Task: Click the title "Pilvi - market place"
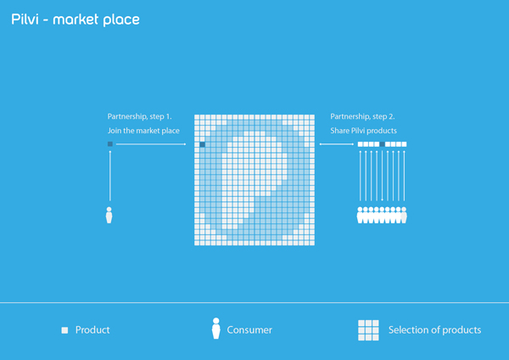(76, 20)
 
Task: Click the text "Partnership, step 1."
(140, 116)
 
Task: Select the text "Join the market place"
(143, 131)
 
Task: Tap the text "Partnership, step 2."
(362, 116)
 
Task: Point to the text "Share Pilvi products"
(364, 131)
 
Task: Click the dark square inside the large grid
(202, 144)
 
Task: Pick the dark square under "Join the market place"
(110, 144)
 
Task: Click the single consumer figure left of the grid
(109, 215)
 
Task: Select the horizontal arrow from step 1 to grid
(151, 144)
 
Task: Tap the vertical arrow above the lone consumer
(110, 176)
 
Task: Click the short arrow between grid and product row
(337, 144)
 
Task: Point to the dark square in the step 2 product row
(382, 144)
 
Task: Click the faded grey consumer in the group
(404, 215)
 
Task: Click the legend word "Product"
(92, 329)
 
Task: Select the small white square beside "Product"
(64, 330)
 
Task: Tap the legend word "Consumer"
(249, 329)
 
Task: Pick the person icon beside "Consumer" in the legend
(215, 329)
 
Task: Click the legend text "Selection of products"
(434, 329)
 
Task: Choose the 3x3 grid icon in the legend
(368, 330)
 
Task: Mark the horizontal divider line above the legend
(255, 302)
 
